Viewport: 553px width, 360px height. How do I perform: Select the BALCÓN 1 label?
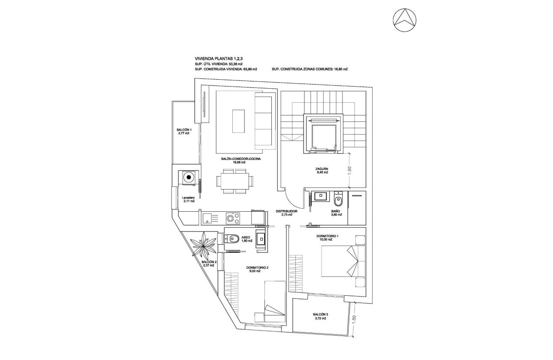pyautogui.click(x=184, y=130)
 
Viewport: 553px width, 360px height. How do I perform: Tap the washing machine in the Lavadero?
pyautogui.click(x=189, y=176)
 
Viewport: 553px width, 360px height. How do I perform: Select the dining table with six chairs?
pyautogui.click(x=234, y=181)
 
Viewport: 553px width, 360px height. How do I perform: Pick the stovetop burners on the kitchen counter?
pyautogui.click(x=232, y=219)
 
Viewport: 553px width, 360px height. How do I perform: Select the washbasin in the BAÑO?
pyautogui.click(x=319, y=197)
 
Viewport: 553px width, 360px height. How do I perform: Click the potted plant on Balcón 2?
pyautogui.click(x=203, y=245)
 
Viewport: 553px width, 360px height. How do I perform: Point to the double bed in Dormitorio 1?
pyautogui.click(x=343, y=262)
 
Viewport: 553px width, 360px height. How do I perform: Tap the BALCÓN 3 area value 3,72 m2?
pyautogui.click(x=320, y=318)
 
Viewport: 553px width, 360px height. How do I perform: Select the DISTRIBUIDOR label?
pyautogui.click(x=286, y=211)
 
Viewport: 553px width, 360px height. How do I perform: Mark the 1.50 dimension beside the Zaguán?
pyautogui.click(x=350, y=170)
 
